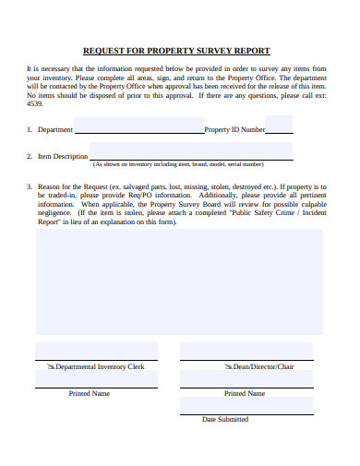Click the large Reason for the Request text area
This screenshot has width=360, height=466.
(180, 281)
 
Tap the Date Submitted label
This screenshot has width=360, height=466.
(225, 419)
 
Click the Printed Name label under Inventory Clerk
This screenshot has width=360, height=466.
(90, 393)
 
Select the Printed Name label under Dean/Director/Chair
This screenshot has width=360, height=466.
(245, 393)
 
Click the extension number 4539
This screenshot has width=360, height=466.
(35, 103)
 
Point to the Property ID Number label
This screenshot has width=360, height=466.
(234, 130)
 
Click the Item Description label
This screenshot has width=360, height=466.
(63, 157)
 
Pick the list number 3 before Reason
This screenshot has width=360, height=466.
(29, 185)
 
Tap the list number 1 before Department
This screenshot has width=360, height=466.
(29, 130)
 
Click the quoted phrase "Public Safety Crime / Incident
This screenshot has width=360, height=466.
(278, 213)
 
